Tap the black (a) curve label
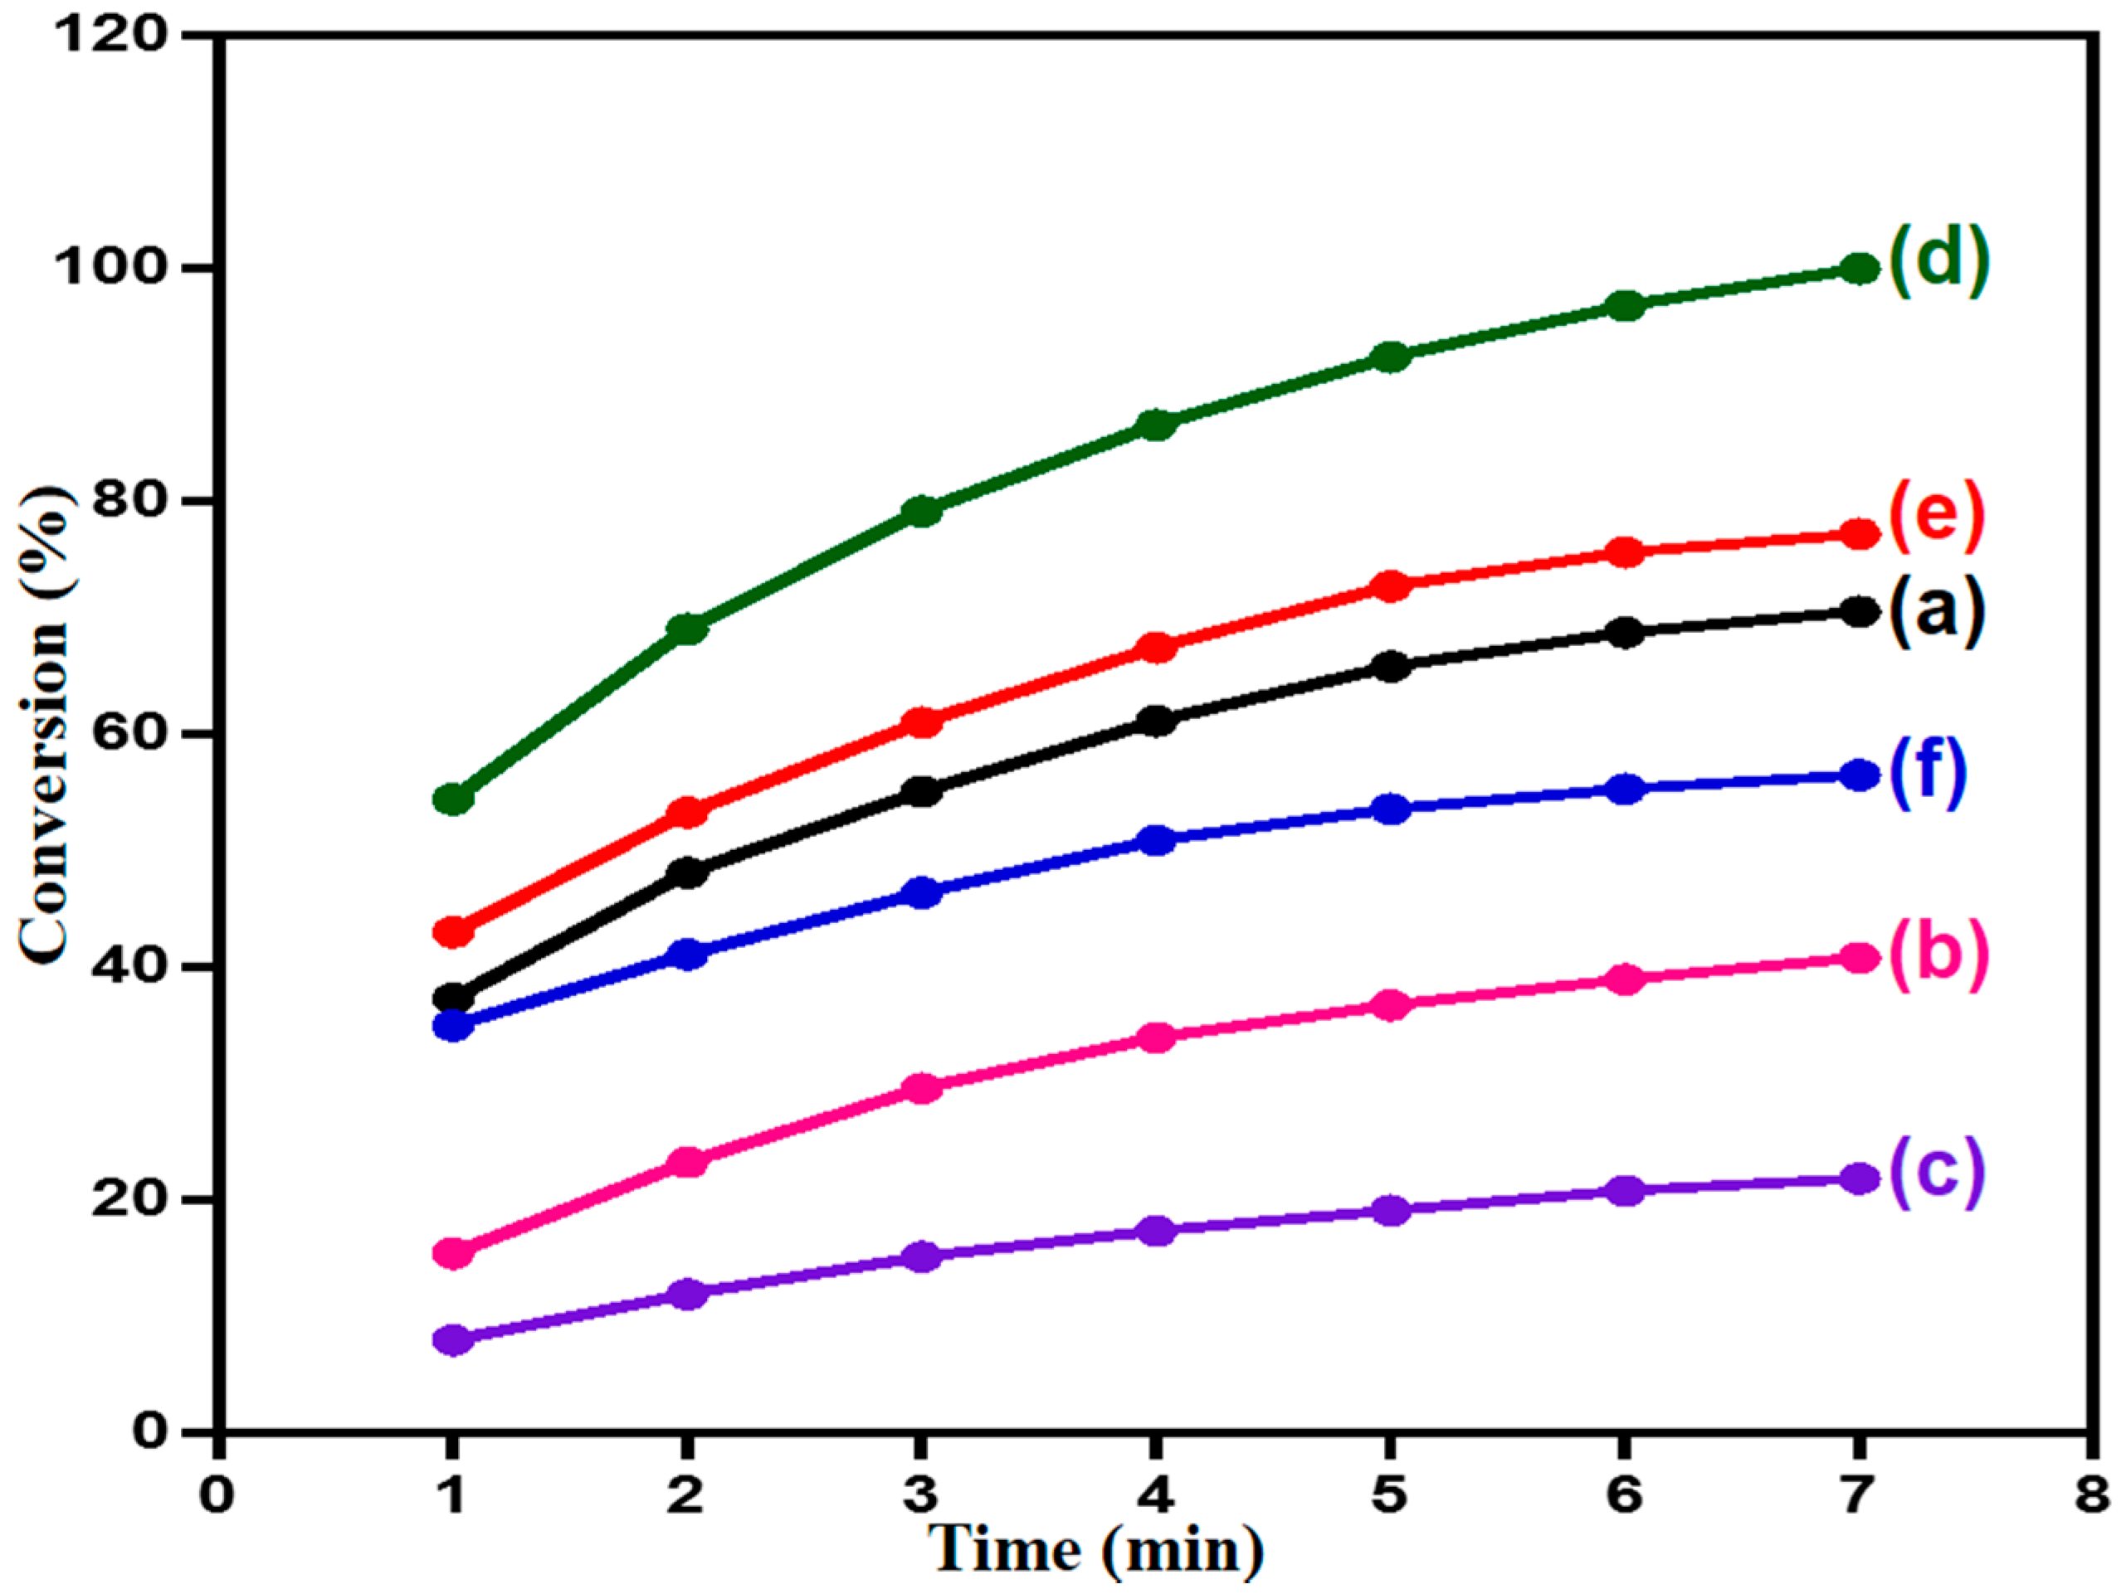[1936, 611]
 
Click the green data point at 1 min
[454, 799]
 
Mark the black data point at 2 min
[688, 873]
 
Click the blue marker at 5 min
[1391, 810]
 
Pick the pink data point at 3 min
[922, 1089]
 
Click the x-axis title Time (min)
[1095, 1550]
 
